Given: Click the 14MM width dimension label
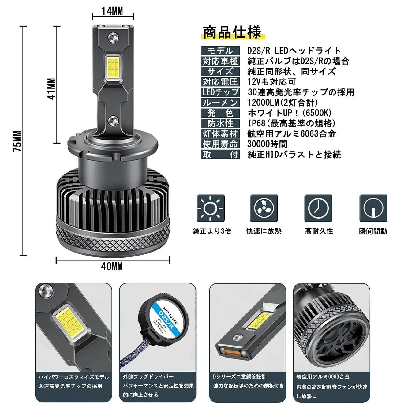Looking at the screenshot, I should [x=112, y=11].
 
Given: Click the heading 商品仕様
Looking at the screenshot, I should [x=232, y=32].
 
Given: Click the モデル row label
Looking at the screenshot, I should [x=220, y=51].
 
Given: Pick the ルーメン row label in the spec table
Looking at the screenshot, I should [x=220, y=103].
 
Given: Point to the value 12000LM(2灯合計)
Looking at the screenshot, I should [x=283, y=103].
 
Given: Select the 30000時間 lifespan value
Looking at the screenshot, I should [x=267, y=144].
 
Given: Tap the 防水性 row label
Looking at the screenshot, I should [x=220, y=123].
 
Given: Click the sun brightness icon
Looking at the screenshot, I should [x=211, y=208].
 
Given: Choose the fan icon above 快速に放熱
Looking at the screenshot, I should [x=264, y=208].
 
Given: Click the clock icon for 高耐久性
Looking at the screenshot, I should [x=318, y=208].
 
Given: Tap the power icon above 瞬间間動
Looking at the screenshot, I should [x=373, y=208].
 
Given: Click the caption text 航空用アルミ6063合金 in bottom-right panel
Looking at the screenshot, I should [x=323, y=377].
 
